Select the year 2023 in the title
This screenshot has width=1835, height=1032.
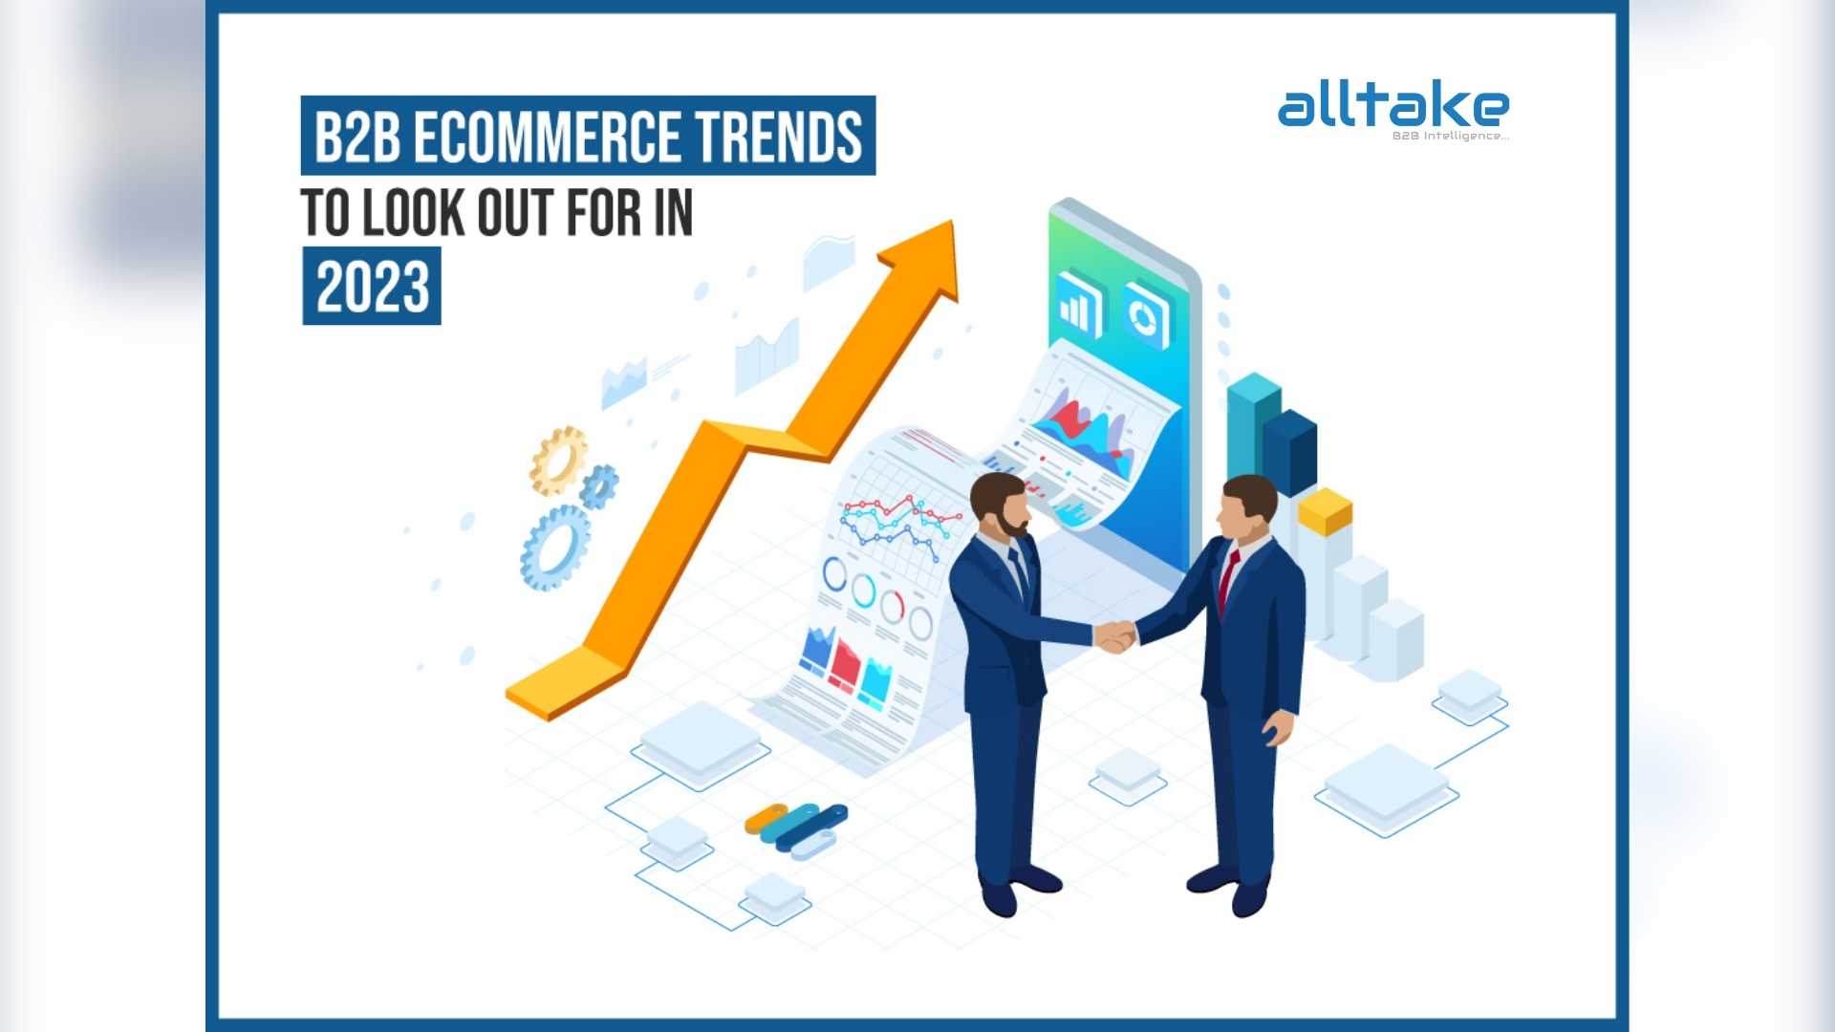click(x=373, y=287)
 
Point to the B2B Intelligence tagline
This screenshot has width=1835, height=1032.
click(x=1450, y=136)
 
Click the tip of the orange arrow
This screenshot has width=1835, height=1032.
click(x=952, y=222)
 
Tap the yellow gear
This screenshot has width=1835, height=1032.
click(x=557, y=461)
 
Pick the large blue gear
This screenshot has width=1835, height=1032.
click(x=554, y=548)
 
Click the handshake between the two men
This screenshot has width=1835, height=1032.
click(x=1114, y=635)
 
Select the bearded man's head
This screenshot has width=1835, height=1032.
click(x=999, y=504)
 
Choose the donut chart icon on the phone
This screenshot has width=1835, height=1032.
click(x=1146, y=314)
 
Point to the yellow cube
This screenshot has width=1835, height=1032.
click(x=1325, y=511)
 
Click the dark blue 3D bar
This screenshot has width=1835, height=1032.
click(x=1290, y=452)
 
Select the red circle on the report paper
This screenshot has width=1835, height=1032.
click(x=893, y=606)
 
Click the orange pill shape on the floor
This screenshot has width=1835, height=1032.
click(x=766, y=818)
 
